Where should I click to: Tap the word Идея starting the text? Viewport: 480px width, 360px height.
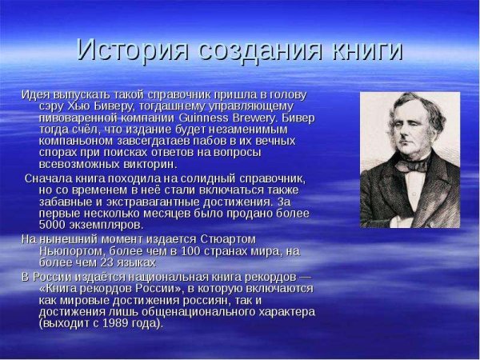tap(35, 94)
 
